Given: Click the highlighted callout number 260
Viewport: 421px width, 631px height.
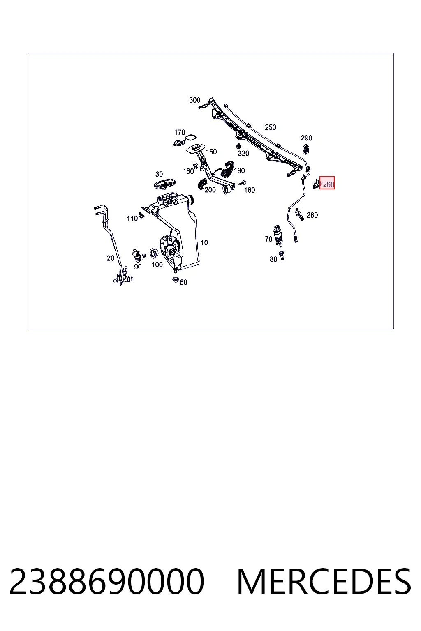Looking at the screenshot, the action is click(328, 184).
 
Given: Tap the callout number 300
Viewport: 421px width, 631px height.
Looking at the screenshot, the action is click(194, 100).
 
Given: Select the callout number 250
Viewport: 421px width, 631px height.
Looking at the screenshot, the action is click(270, 127).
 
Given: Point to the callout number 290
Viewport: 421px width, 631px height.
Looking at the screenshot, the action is click(306, 138).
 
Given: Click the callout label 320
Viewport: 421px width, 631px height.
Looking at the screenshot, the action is click(243, 154).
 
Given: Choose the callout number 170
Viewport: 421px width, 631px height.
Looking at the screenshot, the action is click(180, 132).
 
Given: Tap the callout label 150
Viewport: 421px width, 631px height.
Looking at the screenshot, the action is click(211, 152).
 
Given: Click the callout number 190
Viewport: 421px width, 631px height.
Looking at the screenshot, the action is click(239, 171).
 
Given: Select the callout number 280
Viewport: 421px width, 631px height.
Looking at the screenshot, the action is click(312, 215).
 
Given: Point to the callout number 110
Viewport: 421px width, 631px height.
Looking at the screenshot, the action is click(132, 219).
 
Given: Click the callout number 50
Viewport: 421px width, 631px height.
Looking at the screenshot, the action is click(183, 282).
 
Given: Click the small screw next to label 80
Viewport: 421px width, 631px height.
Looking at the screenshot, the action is click(281, 256).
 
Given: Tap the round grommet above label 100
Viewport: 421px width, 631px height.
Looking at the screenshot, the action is click(154, 253).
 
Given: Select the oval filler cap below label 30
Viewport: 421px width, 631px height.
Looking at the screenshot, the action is click(164, 184).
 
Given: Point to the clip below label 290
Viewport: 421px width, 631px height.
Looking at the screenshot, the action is click(306, 149).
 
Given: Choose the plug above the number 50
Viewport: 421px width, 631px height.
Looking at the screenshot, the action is click(176, 280).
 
